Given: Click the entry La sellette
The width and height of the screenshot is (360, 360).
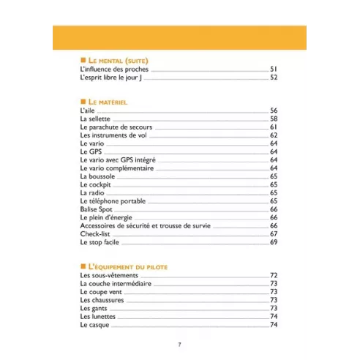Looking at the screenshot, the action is pyautogui.click(x=96, y=119).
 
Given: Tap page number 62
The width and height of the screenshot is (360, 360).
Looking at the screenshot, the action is pyautogui.click(x=274, y=135).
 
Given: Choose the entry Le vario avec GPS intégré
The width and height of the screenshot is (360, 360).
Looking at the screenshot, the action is pyautogui.click(x=118, y=160).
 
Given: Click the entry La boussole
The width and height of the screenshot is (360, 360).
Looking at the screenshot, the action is pyautogui.click(x=97, y=176).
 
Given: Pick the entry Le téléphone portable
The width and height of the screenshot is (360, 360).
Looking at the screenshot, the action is pyautogui.click(x=113, y=200).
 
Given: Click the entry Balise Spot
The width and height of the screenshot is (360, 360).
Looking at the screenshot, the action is pyautogui.click(x=97, y=209).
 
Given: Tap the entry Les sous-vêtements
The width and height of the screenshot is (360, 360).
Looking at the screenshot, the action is pyautogui.click(x=107, y=275).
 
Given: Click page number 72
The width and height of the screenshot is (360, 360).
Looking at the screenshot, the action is pyautogui.click(x=274, y=275).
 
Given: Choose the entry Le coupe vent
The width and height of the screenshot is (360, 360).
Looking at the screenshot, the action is pyautogui.click(x=100, y=292).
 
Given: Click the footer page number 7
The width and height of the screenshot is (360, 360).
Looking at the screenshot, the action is pyautogui.click(x=179, y=345).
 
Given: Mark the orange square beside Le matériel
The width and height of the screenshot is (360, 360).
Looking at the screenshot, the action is pyautogui.click(x=83, y=102).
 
